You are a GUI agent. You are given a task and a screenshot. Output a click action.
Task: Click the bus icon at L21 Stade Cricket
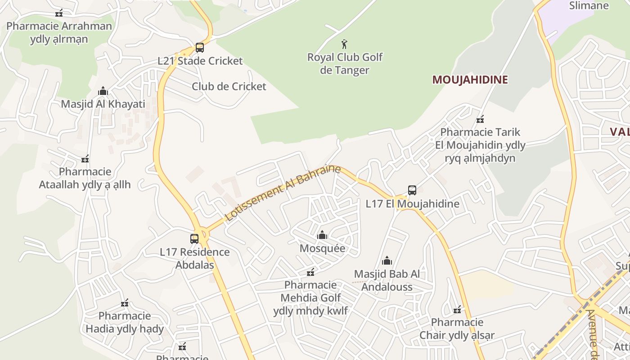[199, 47]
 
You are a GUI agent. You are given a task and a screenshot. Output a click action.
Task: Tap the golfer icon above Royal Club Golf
[345, 44]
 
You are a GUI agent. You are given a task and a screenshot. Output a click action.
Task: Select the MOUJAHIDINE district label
[470, 80]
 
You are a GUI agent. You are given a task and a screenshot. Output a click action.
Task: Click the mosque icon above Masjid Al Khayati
[103, 91]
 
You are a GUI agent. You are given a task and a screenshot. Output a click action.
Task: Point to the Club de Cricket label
[229, 86]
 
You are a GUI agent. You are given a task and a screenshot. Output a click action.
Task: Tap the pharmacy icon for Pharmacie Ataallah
[85, 159]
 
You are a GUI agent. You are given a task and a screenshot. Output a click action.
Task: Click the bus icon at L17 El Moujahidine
[412, 190]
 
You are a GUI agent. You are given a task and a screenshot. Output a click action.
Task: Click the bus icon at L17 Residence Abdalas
[194, 239]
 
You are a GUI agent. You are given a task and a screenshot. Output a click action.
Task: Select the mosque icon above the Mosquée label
[322, 235]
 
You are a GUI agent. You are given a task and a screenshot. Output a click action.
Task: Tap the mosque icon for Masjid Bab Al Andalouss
[387, 261]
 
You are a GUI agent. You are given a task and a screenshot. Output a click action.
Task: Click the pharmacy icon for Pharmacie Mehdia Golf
[310, 272]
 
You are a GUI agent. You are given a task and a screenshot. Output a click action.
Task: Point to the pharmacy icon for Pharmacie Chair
[457, 310]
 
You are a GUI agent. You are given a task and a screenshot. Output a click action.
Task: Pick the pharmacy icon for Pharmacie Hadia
[125, 303]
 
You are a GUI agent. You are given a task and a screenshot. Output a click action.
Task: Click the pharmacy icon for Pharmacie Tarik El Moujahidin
[480, 119]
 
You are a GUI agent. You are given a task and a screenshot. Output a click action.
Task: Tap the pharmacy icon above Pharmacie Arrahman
[59, 13]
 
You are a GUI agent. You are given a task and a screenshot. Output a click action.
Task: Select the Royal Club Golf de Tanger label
[345, 63]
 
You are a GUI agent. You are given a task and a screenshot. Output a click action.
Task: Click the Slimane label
[589, 6]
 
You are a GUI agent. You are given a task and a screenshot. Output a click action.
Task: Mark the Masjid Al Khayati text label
[103, 104]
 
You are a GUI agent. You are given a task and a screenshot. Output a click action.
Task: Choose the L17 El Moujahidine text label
[412, 204]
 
